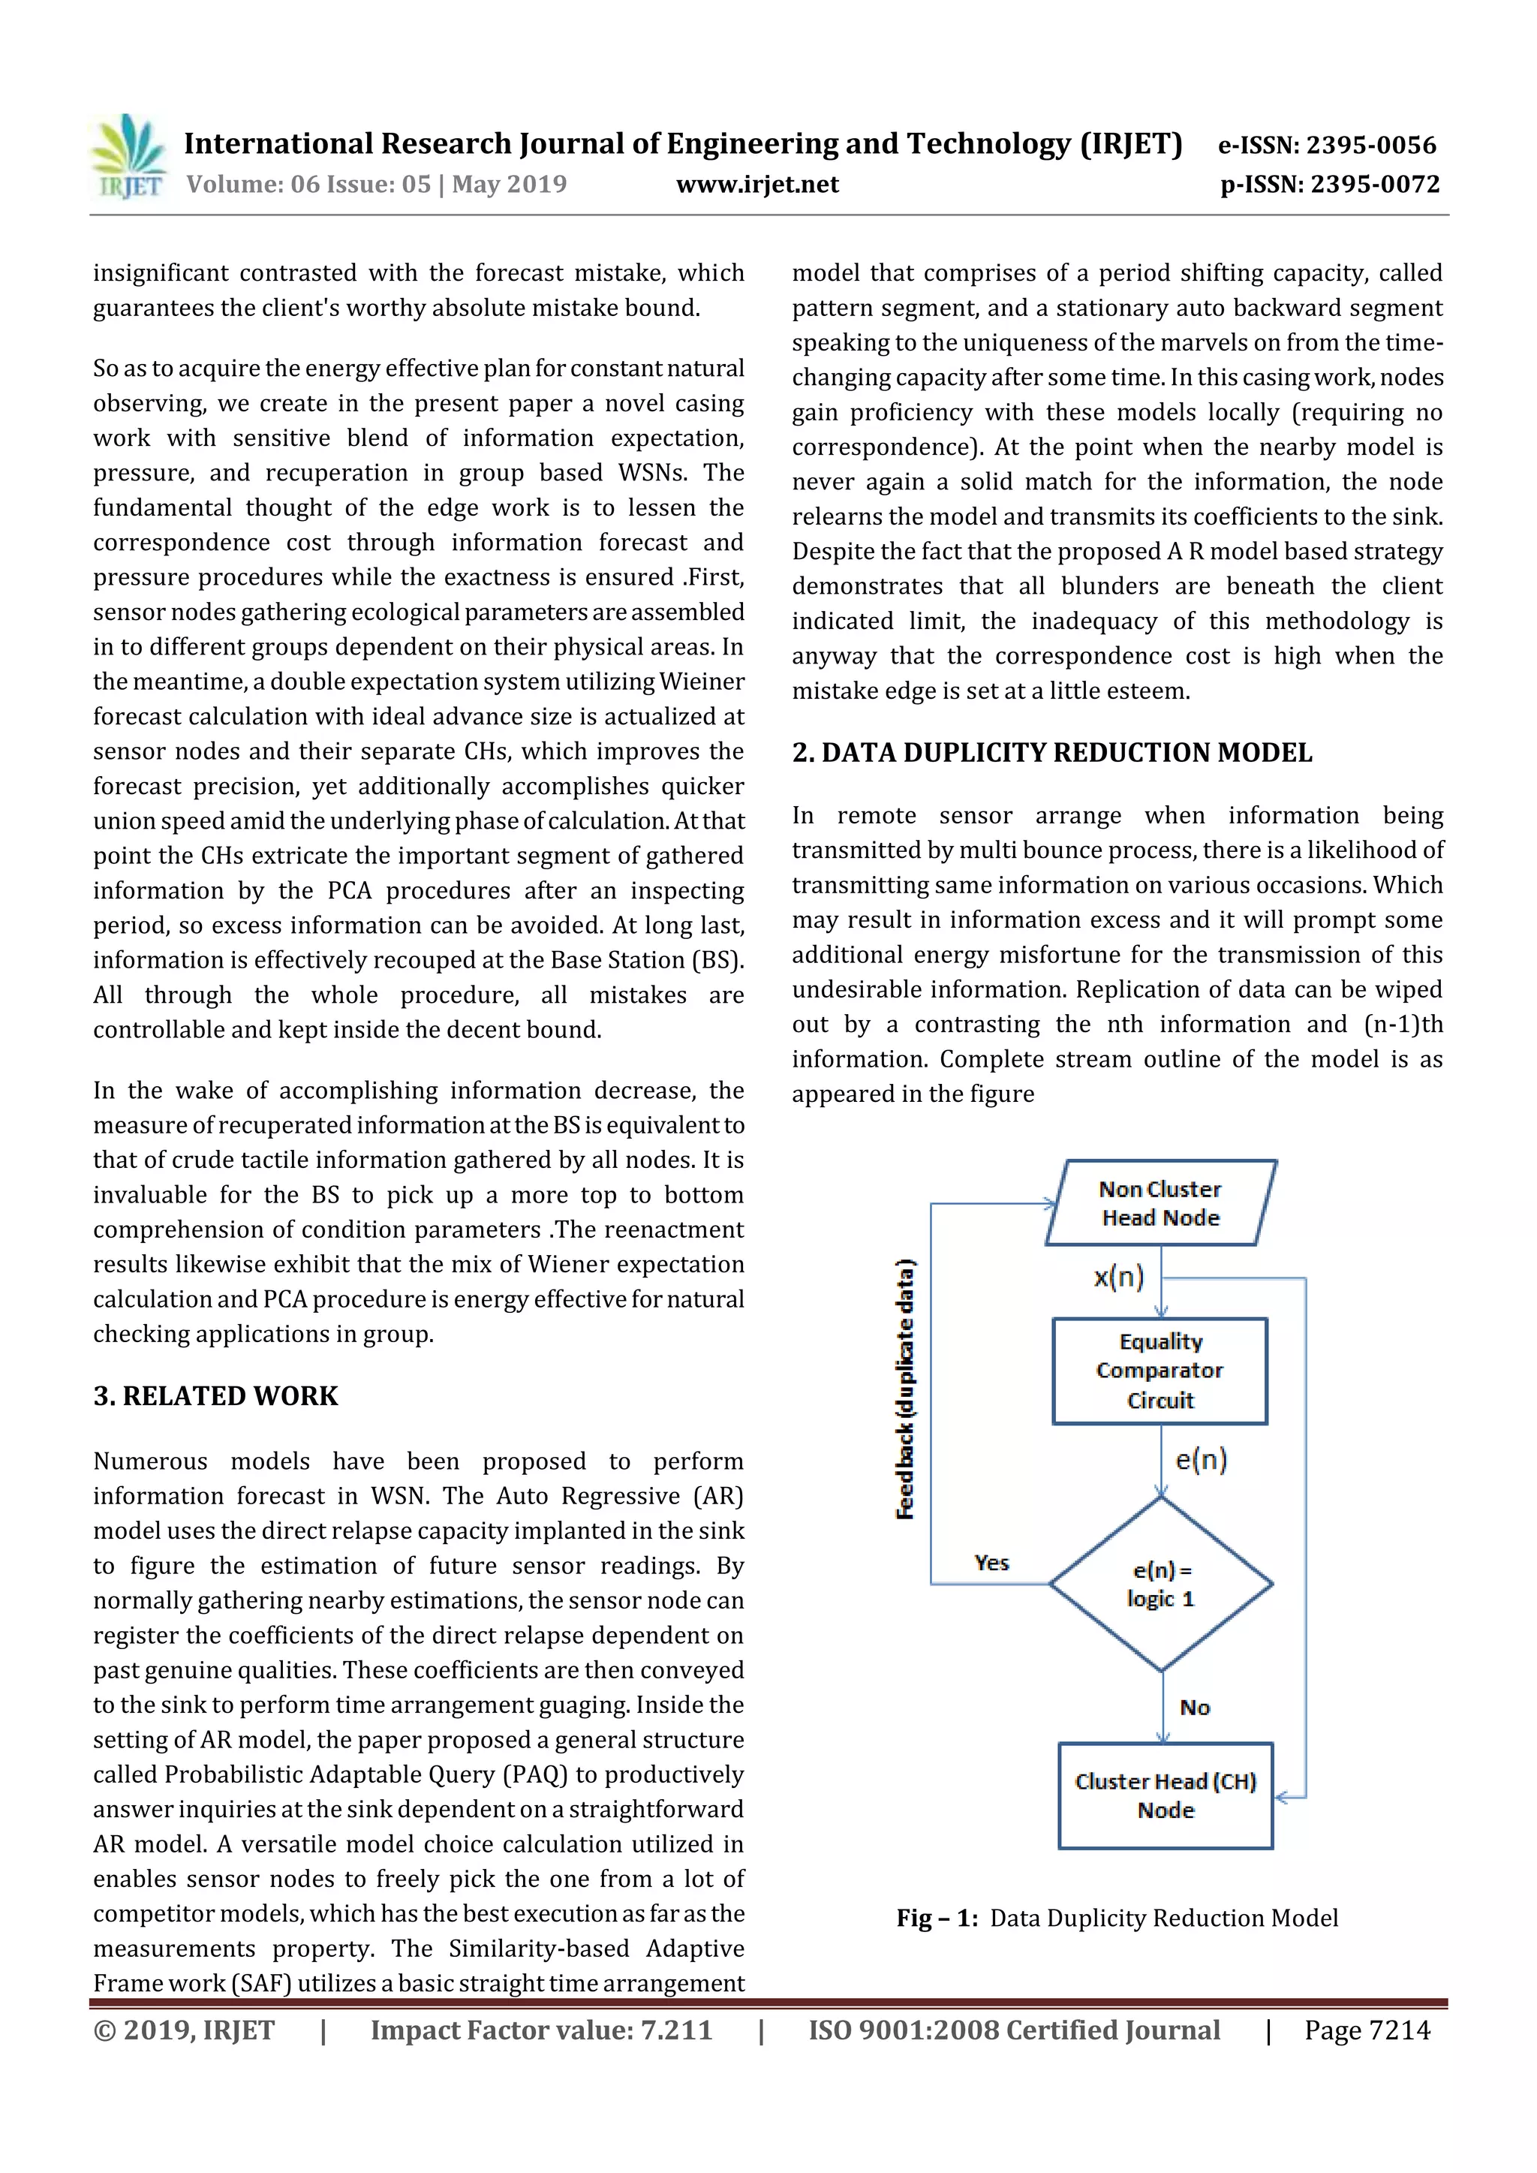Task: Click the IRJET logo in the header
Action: pyautogui.click(x=130, y=157)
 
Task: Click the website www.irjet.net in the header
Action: pyautogui.click(x=757, y=185)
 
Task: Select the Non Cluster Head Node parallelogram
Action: pyautogui.click(x=1160, y=1203)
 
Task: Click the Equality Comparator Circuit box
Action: pyautogui.click(x=1160, y=1371)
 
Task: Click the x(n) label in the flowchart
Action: pyautogui.click(x=1119, y=1278)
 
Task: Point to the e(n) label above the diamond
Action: pyautogui.click(x=1201, y=1459)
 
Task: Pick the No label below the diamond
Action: pyautogui.click(x=1194, y=1708)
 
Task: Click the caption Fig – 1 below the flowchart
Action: pyautogui.click(x=1117, y=1918)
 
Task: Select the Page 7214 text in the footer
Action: pyautogui.click(x=1367, y=2030)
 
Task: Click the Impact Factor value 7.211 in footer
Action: pyautogui.click(x=540, y=2030)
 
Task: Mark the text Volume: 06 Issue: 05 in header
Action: pyautogui.click(x=308, y=185)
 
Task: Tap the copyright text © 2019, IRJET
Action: pyautogui.click(x=184, y=2030)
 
